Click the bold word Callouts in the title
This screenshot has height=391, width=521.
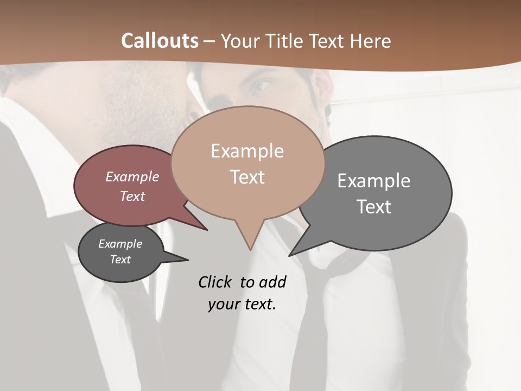(x=160, y=41)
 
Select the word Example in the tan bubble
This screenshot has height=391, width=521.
(x=247, y=151)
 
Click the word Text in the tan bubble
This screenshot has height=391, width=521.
(x=247, y=177)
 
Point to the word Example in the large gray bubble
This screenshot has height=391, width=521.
(x=374, y=181)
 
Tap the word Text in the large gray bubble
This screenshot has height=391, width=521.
(x=374, y=207)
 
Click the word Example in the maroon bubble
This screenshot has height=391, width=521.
(x=132, y=177)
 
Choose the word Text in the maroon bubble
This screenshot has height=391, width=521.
(x=132, y=197)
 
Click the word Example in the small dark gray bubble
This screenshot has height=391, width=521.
(x=120, y=244)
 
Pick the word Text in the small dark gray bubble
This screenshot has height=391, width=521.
(x=120, y=260)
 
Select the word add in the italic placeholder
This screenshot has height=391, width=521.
(x=272, y=282)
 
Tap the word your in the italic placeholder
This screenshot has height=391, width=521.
(x=223, y=304)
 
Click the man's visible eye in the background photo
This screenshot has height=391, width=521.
(x=262, y=85)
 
